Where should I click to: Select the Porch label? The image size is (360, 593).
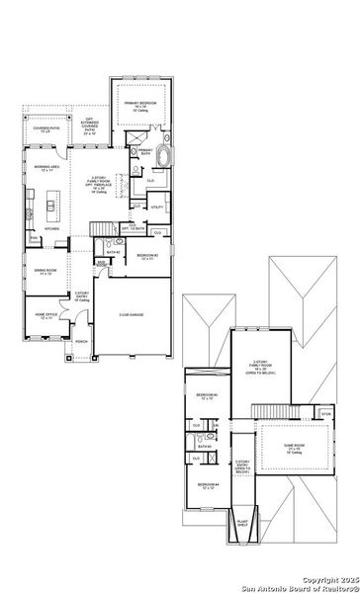click(81, 343)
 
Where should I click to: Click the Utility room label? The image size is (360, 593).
click(156, 208)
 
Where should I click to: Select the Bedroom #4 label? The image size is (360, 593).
click(206, 484)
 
